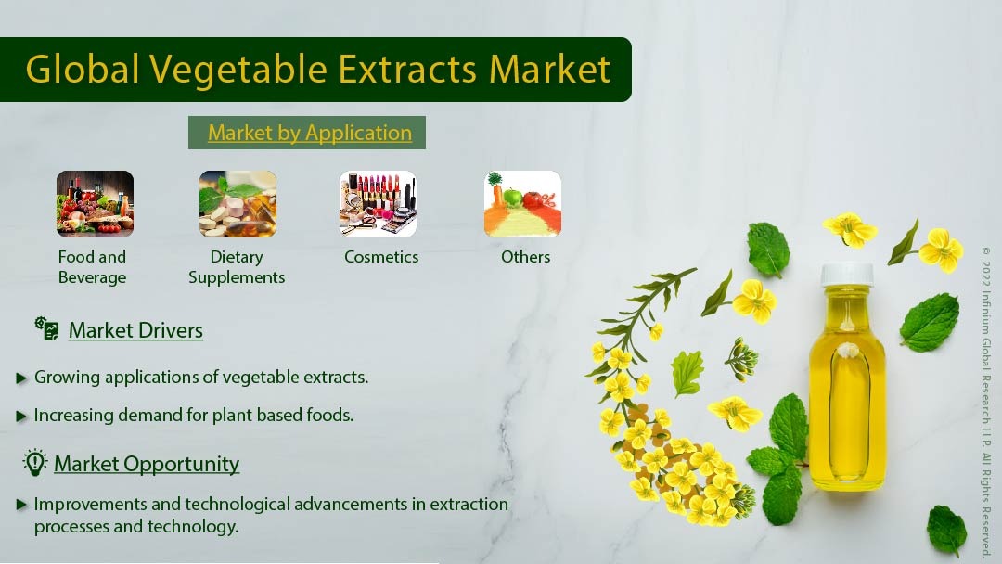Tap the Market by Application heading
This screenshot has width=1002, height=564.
(x=310, y=133)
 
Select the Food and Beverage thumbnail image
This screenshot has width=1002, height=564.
(x=96, y=204)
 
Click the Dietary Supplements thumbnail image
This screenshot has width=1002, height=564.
(x=238, y=204)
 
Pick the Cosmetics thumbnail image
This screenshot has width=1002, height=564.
(x=379, y=204)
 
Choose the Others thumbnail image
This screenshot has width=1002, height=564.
(x=522, y=204)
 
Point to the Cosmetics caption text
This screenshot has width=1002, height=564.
(x=381, y=257)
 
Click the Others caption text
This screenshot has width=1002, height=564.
(x=525, y=257)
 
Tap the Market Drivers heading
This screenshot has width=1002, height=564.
(x=135, y=330)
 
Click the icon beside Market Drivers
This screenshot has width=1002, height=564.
(x=46, y=328)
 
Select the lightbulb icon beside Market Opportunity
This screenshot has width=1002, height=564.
(x=35, y=463)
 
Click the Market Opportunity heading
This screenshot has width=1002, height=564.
(x=147, y=464)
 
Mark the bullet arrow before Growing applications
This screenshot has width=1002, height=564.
(x=21, y=378)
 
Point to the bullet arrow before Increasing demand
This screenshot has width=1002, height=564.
(x=21, y=417)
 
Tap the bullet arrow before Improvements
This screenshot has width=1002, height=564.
(x=21, y=505)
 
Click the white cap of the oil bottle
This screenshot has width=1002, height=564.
(x=847, y=275)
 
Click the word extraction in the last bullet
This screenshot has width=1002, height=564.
(x=469, y=505)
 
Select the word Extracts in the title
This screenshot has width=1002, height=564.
(x=407, y=69)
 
